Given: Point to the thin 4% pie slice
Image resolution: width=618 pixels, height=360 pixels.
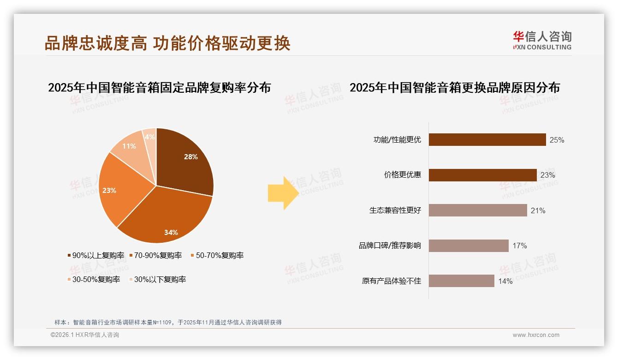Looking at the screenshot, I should coord(150,137).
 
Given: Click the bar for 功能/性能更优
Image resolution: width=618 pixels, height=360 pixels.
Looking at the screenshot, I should coord(487,140).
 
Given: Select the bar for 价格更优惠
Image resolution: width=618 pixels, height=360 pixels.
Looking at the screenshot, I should coord(482,175).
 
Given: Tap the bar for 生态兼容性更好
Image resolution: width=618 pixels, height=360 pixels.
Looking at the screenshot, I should coord(478,210).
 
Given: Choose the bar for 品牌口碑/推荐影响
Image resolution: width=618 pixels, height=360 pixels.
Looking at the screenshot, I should coord(469,246).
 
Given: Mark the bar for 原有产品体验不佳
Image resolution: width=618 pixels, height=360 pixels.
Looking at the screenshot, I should coord(461,281).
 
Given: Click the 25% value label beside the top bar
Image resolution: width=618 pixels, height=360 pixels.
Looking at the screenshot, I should coord(557,140).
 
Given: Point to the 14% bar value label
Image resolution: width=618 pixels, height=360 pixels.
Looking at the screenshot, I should coord(505,281).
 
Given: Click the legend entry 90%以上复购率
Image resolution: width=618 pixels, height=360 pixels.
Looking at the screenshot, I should coord(96,255).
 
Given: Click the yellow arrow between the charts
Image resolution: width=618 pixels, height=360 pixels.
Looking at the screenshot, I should coord(283,193).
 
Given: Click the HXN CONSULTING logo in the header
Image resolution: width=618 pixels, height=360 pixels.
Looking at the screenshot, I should coord(542,41).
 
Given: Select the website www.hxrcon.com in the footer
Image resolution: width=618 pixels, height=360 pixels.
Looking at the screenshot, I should coord(536,335).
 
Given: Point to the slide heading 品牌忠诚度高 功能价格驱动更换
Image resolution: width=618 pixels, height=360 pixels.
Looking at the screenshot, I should coord(167,43).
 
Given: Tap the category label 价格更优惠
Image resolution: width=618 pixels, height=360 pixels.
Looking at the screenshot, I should coord(402,175).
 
